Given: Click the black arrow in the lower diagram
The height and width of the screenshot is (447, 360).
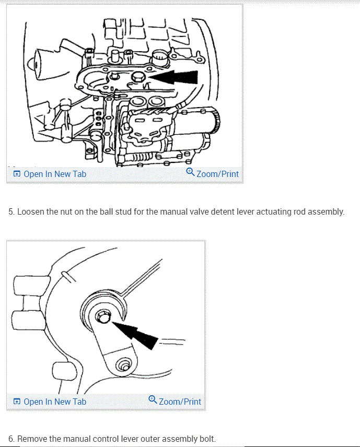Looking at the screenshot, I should click(x=137, y=334).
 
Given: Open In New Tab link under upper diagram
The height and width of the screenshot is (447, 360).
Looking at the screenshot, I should click(x=55, y=174).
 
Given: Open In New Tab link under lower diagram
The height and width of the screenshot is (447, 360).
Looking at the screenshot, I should click(x=55, y=402).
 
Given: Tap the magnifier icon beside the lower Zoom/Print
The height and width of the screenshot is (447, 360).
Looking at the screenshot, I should click(x=153, y=400).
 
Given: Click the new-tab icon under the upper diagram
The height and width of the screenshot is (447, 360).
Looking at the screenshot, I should click(x=17, y=174).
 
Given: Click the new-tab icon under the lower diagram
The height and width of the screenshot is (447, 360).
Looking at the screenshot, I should click(x=17, y=402).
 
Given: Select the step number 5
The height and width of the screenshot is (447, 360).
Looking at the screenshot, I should click(x=11, y=213).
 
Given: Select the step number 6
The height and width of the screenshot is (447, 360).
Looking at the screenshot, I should click(x=11, y=439).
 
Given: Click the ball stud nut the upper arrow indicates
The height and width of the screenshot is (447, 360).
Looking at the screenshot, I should click(x=138, y=77).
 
